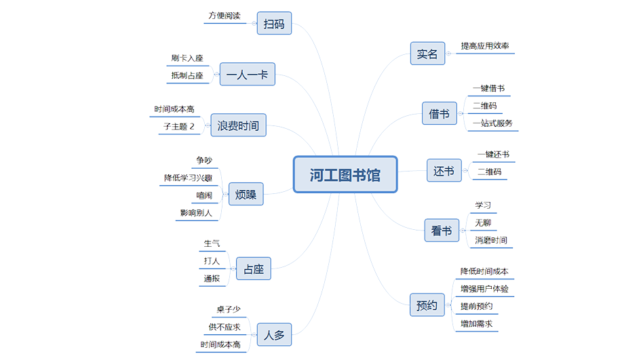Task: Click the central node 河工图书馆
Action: click(345, 175)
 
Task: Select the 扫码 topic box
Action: click(274, 25)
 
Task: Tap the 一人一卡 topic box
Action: click(247, 75)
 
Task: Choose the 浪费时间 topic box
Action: click(238, 125)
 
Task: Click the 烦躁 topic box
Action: click(246, 195)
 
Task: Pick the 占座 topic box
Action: click(254, 269)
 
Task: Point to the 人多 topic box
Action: click(274, 334)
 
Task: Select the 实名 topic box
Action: click(427, 54)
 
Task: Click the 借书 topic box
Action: click(439, 114)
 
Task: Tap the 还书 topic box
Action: click(444, 171)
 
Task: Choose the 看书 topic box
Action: click(442, 231)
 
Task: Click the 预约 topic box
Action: click(427, 305)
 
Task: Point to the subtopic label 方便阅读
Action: click(225, 16)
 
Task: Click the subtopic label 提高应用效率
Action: click(484, 46)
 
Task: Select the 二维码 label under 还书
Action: click(489, 172)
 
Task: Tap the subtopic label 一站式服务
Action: click(492, 123)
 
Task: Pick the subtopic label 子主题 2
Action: click(178, 126)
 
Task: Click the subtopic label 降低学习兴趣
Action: click(188, 178)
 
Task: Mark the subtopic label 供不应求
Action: click(224, 327)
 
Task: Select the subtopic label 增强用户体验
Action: click(484, 289)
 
